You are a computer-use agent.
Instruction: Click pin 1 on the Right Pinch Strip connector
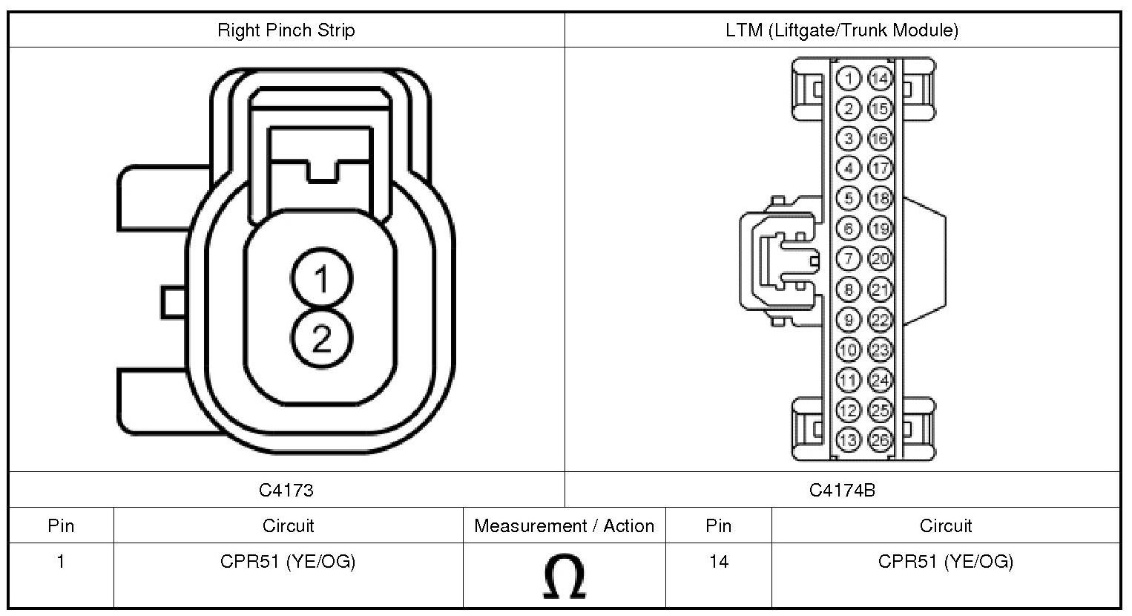point(321,280)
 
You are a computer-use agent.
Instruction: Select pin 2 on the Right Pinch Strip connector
point(321,339)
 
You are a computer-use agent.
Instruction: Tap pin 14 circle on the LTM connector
point(879,79)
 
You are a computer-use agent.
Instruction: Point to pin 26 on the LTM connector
point(879,440)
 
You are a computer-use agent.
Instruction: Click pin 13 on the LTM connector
point(849,440)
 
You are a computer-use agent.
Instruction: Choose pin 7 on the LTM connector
point(849,259)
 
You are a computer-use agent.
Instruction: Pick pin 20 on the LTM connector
point(879,259)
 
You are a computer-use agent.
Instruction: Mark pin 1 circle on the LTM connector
point(849,79)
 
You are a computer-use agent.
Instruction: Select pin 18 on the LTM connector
point(879,199)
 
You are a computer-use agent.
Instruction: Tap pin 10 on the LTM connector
point(849,350)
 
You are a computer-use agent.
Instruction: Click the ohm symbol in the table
point(564,577)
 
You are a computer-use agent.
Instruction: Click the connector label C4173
point(286,490)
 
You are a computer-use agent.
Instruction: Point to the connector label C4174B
point(842,490)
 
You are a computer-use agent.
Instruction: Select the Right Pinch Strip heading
point(286,30)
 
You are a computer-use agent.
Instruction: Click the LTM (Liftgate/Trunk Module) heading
point(842,30)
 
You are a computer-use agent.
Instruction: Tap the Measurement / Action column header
point(564,526)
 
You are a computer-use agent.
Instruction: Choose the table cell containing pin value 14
point(718,562)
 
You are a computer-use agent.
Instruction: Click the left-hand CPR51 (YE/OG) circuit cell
point(288,562)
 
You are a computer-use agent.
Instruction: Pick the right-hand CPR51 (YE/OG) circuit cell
point(945,562)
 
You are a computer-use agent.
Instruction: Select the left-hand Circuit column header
point(288,526)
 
